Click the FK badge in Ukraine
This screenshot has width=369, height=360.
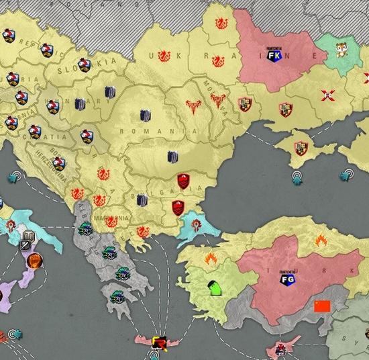274,56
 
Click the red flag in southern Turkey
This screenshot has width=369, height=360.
323,306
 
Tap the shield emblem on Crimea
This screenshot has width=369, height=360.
301,148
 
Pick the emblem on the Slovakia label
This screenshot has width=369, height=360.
85,64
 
